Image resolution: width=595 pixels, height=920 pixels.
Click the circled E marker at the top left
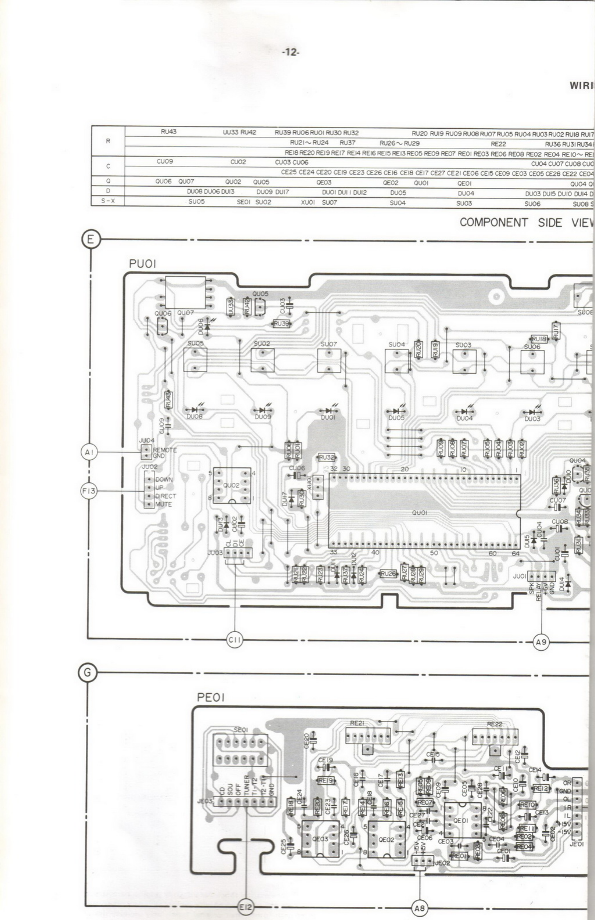click(90, 239)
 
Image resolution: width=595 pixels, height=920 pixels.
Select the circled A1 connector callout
click(89, 452)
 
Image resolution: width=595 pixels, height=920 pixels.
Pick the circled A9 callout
click(541, 642)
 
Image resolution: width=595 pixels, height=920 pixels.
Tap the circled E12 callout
click(245, 907)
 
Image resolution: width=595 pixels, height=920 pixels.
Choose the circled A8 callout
click(420, 908)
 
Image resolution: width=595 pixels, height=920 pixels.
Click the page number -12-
click(291, 52)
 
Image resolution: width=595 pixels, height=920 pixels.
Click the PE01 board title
click(211, 698)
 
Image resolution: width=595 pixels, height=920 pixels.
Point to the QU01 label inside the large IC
click(420, 513)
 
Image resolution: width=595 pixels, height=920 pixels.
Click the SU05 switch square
click(195, 360)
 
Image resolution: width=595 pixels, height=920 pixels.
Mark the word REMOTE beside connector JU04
click(165, 450)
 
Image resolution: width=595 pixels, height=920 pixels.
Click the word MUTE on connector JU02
click(164, 504)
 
